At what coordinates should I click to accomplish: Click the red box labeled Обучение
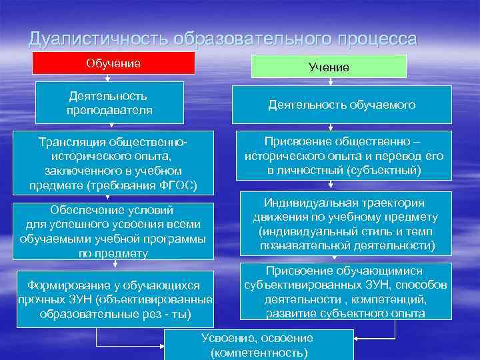click(113, 63)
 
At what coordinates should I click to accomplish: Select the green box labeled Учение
click(329, 67)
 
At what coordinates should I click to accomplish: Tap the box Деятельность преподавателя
click(109, 103)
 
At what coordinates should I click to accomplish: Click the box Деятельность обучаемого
click(341, 105)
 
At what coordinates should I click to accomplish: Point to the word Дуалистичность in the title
click(98, 39)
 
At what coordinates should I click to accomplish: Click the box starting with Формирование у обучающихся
click(115, 299)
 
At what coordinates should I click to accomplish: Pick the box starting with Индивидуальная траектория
click(344, 224)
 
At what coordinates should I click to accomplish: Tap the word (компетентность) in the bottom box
click(258, 352)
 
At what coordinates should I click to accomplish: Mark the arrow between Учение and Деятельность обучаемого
click(331, 82)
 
